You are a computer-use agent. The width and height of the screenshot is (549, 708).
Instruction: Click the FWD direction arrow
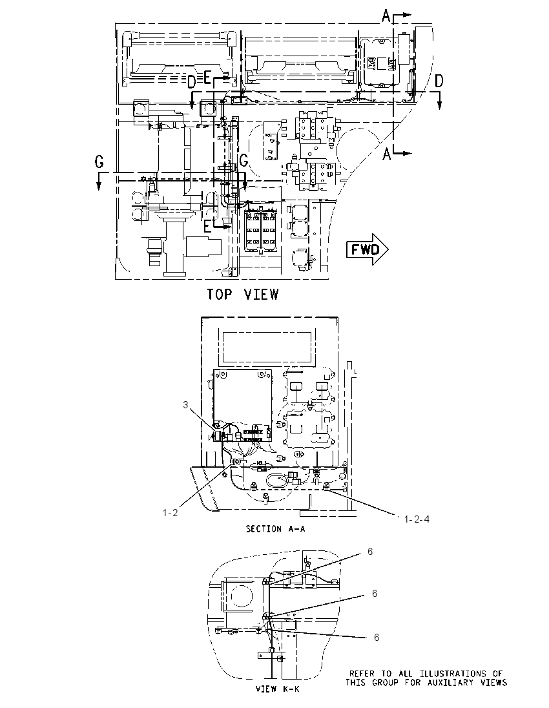point(367,249)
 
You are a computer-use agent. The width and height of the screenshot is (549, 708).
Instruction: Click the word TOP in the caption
point(220,295)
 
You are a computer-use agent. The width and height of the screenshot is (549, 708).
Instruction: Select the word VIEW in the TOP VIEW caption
point(262,295)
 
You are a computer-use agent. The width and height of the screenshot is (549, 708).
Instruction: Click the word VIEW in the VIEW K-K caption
point(265,689)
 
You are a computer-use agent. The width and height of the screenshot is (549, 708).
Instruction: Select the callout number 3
point(185,404)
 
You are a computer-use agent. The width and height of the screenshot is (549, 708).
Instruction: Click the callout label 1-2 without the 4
point(171,512)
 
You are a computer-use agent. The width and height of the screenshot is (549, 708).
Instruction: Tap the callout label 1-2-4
point(417,519)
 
